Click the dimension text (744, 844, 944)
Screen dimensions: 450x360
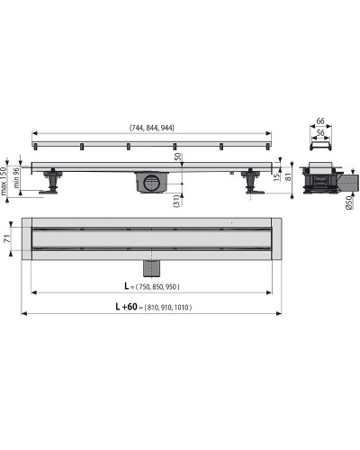tap(151, 128)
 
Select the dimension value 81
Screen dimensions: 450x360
tap(288, 175)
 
